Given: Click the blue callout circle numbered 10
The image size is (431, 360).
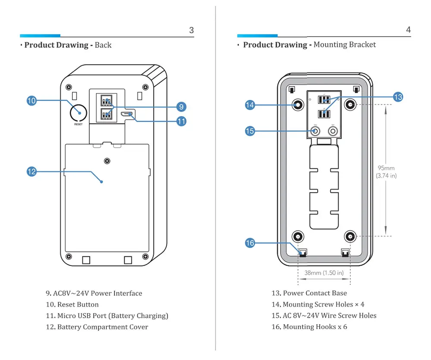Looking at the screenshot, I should coord(31,101).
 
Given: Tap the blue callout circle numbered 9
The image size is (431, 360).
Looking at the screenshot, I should coord(181,107).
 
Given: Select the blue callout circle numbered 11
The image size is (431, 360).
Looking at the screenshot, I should coord(181,121).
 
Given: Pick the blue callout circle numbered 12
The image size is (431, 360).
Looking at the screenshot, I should coord(31,171).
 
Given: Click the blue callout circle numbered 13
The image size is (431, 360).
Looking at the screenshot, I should coord(397,97).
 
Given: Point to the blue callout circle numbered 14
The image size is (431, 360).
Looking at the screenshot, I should coord(250,105).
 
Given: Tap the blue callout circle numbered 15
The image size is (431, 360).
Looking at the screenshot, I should coord(250,131).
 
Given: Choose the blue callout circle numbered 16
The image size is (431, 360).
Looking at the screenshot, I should coord(250,243).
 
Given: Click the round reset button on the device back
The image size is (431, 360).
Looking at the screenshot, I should coord(78,112).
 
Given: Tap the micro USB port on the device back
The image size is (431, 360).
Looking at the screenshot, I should coord(127,114).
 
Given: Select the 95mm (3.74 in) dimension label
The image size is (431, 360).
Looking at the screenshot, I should coord(386,172).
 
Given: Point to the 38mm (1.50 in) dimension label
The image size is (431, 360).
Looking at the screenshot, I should coord(324,273).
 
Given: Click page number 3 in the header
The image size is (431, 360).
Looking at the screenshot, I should coord(191,30).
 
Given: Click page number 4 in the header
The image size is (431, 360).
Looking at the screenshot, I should coord(408,30).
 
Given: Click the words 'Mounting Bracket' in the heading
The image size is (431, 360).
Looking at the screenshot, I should coord(345,44).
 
